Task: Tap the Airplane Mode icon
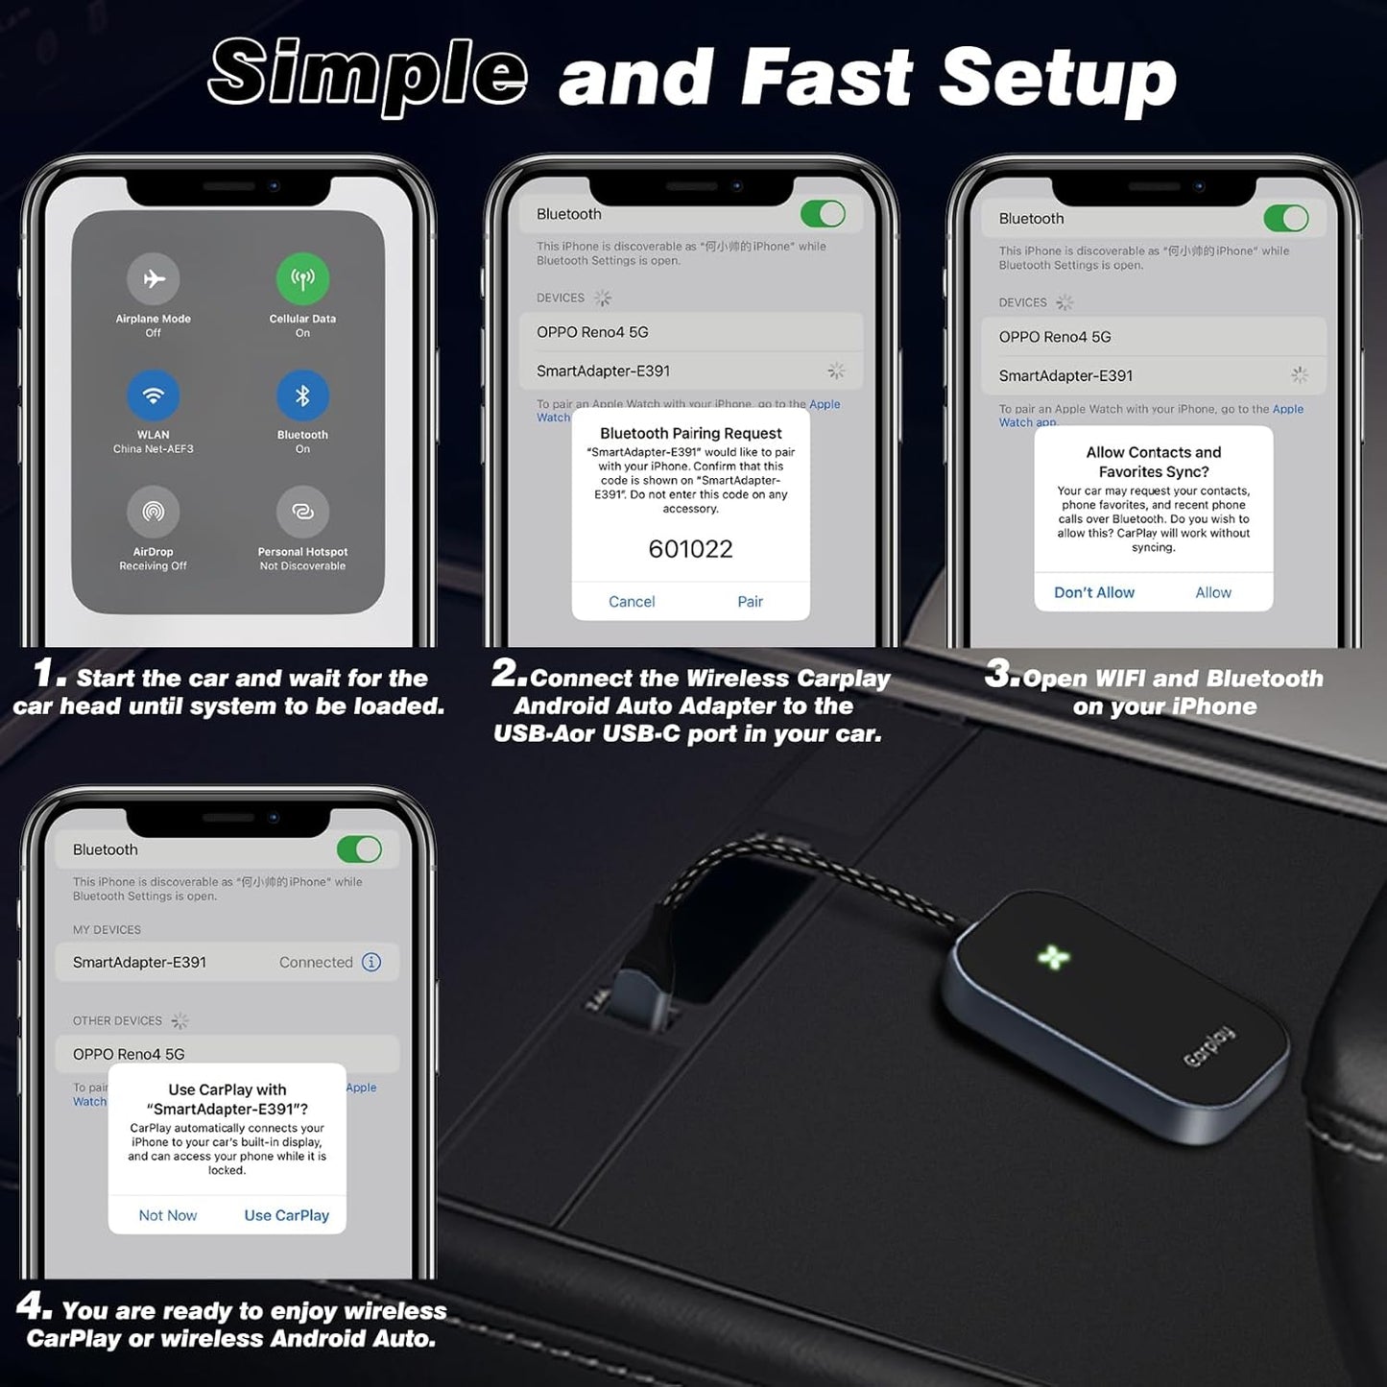pos(154,279)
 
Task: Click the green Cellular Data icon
pos(302,279)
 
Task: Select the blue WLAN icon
pos(154,395)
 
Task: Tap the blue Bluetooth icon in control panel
pos(302,395)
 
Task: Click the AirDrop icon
pos(154,512)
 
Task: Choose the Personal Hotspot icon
pos(302,512)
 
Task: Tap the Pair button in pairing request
pos(750,602)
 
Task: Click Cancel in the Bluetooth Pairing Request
pos(632,602)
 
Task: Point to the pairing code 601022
pos(690,549)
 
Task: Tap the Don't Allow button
pos(1094,593)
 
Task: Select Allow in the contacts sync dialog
pos(1213,593)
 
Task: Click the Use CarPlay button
pos(286,1215)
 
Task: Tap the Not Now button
pos(168,1215)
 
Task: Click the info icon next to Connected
pos(371,962)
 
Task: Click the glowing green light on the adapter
pos(1053,957)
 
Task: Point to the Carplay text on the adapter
pos(1208,1047)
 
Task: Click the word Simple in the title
pos(368,75)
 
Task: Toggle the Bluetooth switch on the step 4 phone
pos(359,849)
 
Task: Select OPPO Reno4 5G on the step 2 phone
pos(592,332)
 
